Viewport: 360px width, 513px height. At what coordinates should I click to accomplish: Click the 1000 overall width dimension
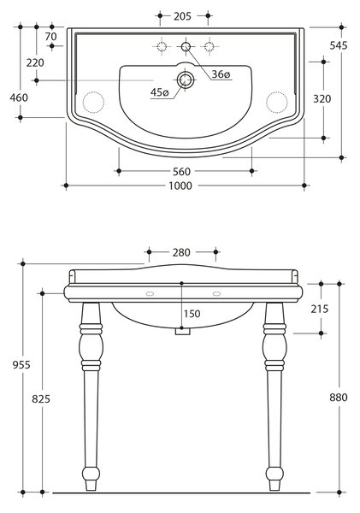tap(180, 186)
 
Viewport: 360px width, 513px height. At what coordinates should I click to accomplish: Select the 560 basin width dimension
tap(181, 172)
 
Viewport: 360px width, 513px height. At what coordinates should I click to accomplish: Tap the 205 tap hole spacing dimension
tap(182, 16)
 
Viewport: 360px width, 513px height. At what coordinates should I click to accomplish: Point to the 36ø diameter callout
tap(221, 74)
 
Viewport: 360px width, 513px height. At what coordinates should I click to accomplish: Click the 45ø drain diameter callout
tap(159, 92)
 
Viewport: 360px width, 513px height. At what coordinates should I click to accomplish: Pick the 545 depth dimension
tap(339, 45)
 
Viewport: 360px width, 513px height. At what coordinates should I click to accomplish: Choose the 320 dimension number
tap(322, 99)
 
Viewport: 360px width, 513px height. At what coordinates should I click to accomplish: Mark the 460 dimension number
tap(19, 97)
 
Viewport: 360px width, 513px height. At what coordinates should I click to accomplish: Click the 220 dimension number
tap(35, 62)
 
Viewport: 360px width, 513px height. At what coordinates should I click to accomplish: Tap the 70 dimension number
tap(51, 36)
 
